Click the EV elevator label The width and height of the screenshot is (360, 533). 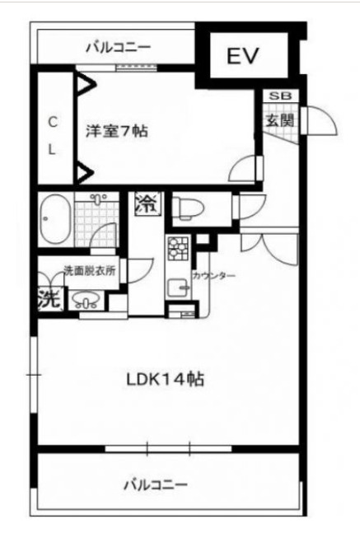coord(243,56)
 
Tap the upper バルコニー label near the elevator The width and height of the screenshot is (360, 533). coord(118,47)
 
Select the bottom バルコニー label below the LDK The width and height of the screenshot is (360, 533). coord(156,484)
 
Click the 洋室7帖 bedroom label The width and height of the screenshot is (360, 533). coord(117,131)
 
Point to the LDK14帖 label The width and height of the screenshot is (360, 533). coord(166,379)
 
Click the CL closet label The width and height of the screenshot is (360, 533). coord(52,136)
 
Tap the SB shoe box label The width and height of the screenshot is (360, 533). coord(280,96)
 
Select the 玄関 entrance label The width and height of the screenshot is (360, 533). coord(279,120)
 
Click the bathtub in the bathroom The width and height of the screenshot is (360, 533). coord(55,219)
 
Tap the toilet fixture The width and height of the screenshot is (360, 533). coord(188,208)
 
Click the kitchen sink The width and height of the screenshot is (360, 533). coord(178,288)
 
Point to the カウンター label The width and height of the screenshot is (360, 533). coord(214,275)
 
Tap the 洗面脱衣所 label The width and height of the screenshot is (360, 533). coord(90,270)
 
